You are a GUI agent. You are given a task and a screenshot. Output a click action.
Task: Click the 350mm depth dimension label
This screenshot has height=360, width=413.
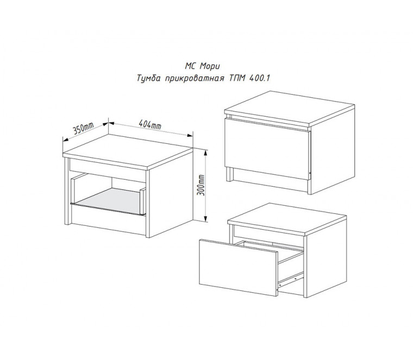coord(83,128)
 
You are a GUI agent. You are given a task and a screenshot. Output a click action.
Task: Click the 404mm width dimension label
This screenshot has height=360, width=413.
coord(149,124)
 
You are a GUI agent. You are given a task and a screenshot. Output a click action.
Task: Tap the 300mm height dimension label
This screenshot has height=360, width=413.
coord(201,185)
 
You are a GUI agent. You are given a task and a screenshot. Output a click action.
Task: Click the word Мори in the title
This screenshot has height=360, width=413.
coord(210,66)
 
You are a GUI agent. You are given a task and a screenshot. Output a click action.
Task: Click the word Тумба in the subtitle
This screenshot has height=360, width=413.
coord(149,78)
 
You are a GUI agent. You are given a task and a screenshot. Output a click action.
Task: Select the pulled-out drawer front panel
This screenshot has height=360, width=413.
coord(239,267)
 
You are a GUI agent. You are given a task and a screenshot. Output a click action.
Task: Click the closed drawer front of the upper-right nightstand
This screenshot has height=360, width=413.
coord(267,149)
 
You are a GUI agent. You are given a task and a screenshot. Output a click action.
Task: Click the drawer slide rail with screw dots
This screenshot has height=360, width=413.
coord(291,279)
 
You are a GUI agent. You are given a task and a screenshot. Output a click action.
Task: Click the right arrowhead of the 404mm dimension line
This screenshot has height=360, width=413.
coord(190,135)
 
